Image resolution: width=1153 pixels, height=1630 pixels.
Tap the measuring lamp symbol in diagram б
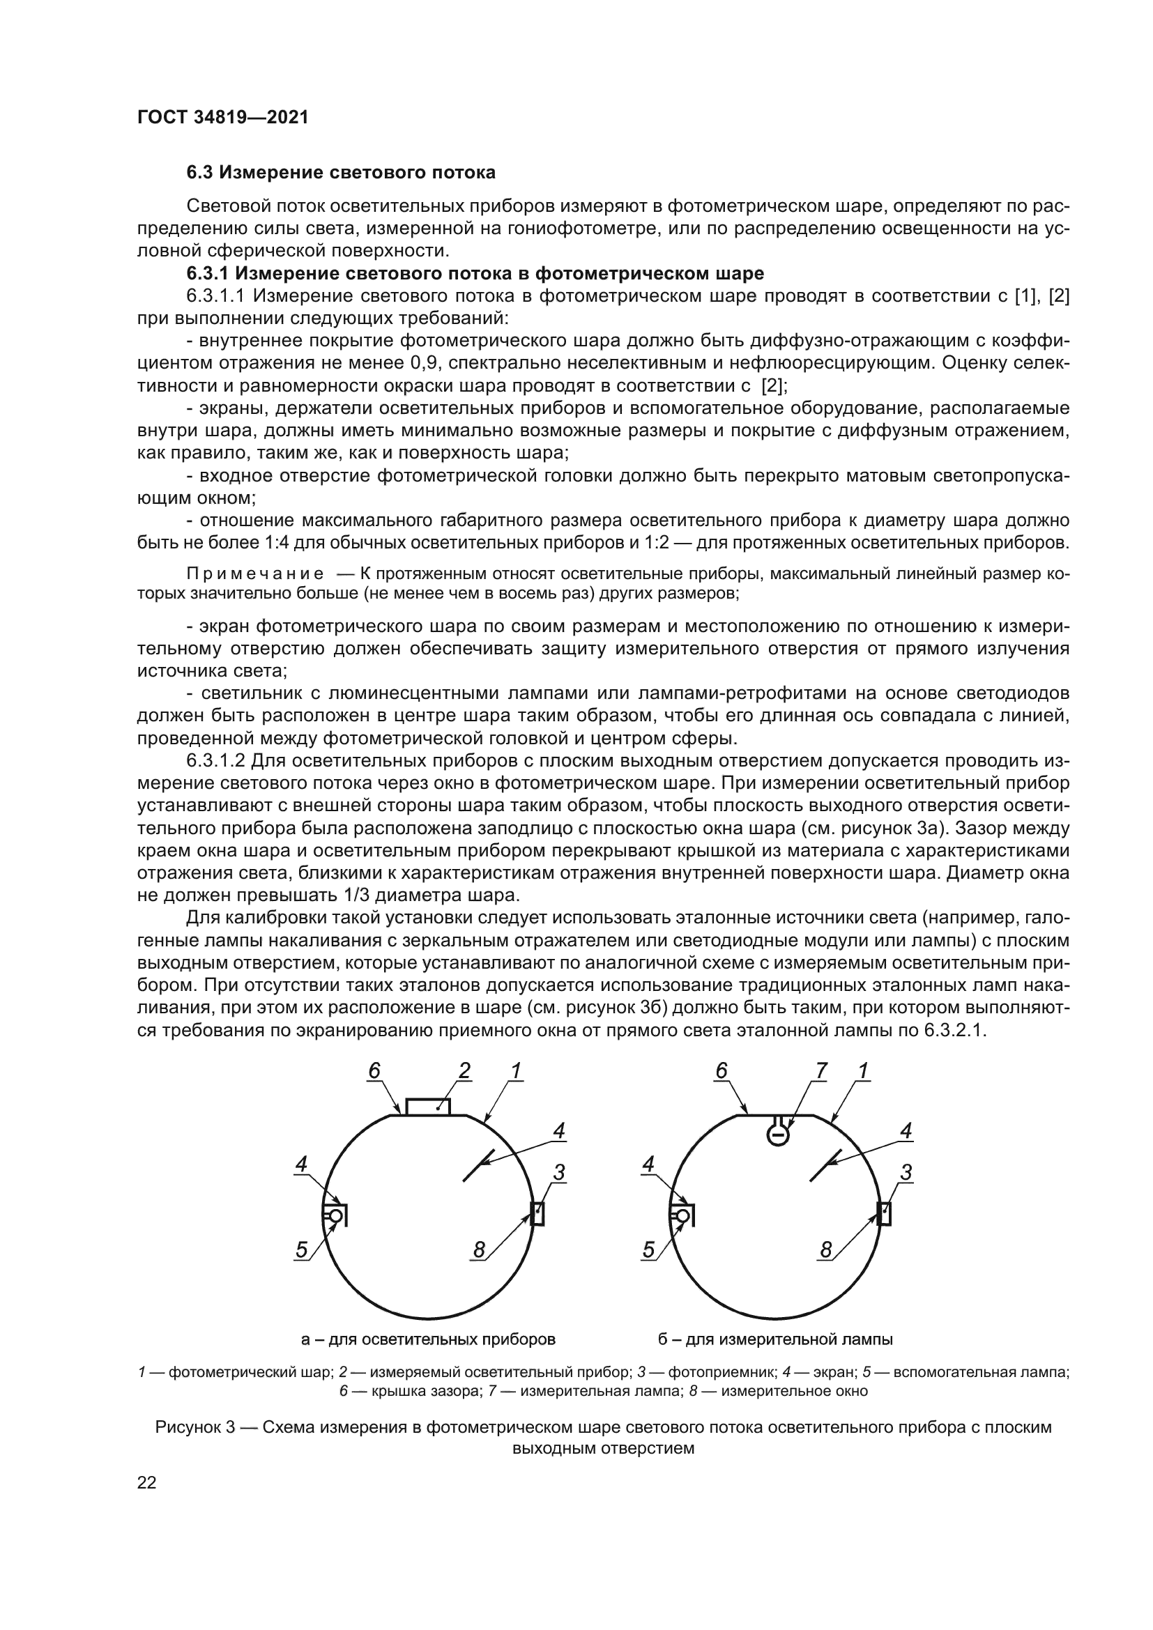[x=778, y=1135]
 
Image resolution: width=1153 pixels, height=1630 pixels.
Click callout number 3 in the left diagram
[x=560, y=1174]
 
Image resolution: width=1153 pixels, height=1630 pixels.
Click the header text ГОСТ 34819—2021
[x=223, y=118]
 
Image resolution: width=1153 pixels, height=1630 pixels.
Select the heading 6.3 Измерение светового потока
[x=341, y=173]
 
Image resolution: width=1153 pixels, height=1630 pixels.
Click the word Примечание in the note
[x=256, y=574]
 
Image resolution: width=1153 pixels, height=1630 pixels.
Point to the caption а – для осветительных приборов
[x=428, y=1339]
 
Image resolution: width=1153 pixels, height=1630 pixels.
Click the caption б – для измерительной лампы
[x=775, y=1339]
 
